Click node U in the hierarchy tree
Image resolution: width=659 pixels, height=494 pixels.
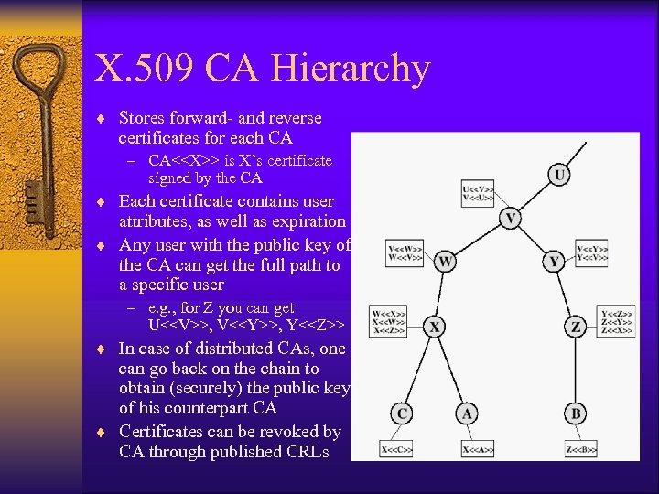click(x=558, y=174)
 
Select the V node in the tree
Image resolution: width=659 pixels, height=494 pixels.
click(x=512, y=219)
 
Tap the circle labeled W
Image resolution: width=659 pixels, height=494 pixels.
click(x=446, y=262)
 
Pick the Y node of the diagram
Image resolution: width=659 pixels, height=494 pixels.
click(x=555, y=262)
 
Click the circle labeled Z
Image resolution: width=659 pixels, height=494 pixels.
click(x=576, y=327)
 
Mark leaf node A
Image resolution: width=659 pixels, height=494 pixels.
click(x=468, y=413)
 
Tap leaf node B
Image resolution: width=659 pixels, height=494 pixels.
click(x=576, y=413)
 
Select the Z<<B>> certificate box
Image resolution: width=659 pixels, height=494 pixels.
click(x=581, y=449)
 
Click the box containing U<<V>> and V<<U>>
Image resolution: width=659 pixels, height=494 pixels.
click(x=479, y=195)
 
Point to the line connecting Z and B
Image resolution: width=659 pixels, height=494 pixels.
click(x=576, y=370)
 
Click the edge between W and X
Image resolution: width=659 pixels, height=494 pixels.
click(x=440, y=295)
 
